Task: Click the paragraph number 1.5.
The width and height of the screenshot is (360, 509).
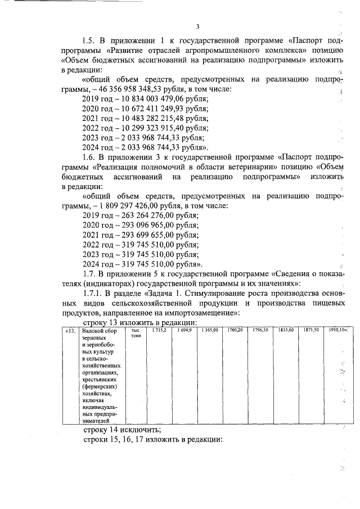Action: click(89, 40)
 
